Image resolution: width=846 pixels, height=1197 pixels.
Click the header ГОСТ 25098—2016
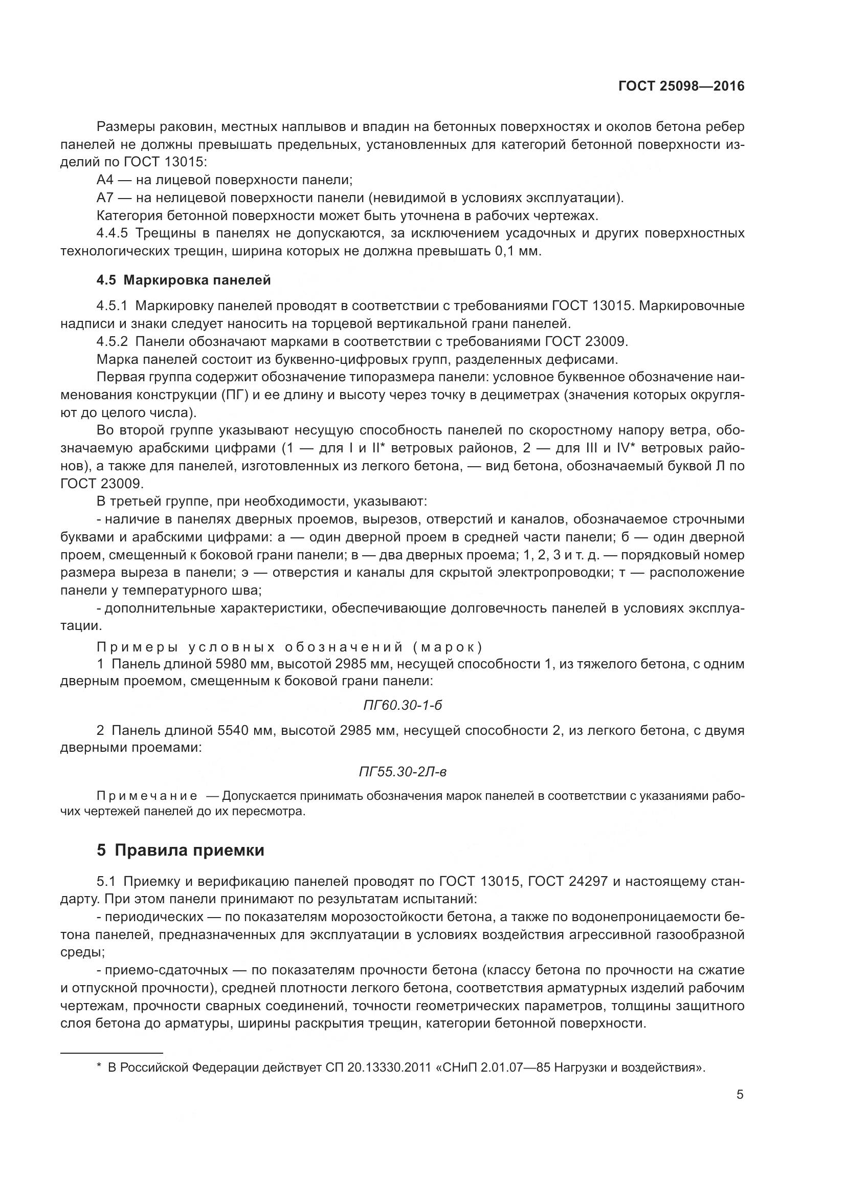click(681, 86)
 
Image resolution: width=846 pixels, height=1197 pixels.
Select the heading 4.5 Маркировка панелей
click(184, 280)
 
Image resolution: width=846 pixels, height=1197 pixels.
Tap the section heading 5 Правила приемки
click(180, 851)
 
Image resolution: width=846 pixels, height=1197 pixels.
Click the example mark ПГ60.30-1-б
click(402, 705)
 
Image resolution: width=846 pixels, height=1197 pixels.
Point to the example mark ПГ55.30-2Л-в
click(402, 772)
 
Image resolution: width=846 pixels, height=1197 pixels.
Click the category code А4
click(105, 180)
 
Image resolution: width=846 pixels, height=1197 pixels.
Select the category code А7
click(105, 198)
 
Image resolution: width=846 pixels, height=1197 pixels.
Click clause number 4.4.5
click(112, 233)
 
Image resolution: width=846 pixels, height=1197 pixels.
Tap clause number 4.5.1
click(112, 306)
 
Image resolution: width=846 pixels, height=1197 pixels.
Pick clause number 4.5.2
click(112, 341)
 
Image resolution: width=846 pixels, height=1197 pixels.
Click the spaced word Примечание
click(147, 796)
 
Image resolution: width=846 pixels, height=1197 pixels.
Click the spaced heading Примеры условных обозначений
click(290, 647)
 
